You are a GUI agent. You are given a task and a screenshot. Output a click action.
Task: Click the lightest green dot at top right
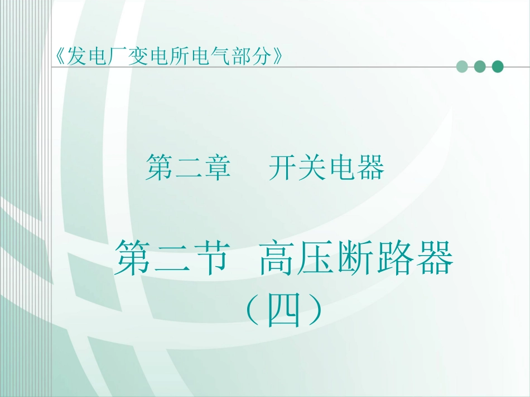click(462, 67)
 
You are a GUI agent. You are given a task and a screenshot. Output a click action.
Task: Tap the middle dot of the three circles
click(479, 67)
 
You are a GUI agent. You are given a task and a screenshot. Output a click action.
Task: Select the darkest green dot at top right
click(497, 67)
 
